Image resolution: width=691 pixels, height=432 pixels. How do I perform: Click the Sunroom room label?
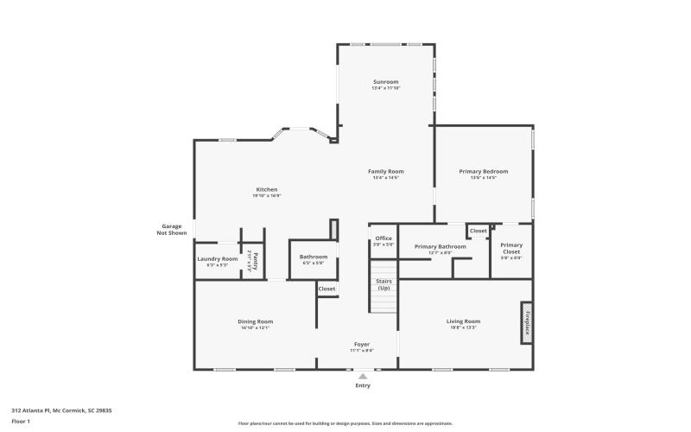pyautogui.click(x=386, y=81)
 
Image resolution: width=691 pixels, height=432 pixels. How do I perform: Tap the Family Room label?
pyautogui.click(x=386, y=171)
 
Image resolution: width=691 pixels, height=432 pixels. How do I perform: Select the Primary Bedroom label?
pyautogui.click(x=483, y=171)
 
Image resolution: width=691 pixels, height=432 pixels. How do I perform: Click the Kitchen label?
pyautogui.click(x=266, y=189)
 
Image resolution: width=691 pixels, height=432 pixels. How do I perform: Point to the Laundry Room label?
pyautogui.click(x=217, y=258)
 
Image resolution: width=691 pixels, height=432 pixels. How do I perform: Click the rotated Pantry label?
pyautogui.click(x=255, y=260)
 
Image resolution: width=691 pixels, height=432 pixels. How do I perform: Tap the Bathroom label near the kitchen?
pyautogui.click(x=314, y=257)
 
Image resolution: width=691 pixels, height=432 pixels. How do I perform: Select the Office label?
pyautogui.click(x=384, y=238)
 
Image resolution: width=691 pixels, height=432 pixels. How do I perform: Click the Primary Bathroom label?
pyautogui.click(x=440, y=246)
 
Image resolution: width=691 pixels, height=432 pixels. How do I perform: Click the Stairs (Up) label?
pyautogui.click(x=384, y=284)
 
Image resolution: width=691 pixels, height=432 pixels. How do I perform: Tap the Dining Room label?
pyautogui.click(x=255, y=321)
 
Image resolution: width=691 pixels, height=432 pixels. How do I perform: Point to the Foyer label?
pyautogui.click(x=362, y=344)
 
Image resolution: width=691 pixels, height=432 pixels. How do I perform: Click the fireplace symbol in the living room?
pyautogui.click(x=525, y=322)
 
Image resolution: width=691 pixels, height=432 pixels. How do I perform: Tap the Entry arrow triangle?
pyautogui.click(x=363, y=376)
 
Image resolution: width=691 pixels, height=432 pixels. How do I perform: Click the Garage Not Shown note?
pyautogui.click(x=171, y=229)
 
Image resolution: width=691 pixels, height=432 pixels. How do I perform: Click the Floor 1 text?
pyautogui.click(x=21, y=421)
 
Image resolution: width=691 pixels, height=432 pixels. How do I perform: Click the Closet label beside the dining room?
pyautogui.click(x=326, y=289)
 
